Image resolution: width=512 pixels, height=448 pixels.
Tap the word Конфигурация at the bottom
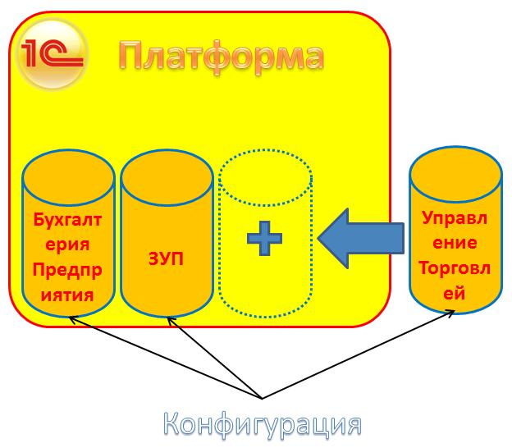point(262,424)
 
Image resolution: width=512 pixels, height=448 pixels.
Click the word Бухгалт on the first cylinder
point(67,220)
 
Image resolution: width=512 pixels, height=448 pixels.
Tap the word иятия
point(67,294)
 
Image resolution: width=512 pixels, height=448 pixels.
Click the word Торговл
point(455,267)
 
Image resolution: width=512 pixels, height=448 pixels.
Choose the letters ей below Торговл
point(455,292)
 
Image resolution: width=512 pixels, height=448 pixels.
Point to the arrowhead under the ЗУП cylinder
point(171,321)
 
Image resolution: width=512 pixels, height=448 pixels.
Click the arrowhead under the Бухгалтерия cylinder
point(73,321)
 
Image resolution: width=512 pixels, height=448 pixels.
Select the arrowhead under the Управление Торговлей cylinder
point(450,313)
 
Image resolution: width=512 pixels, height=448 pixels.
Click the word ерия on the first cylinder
point(67,245)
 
